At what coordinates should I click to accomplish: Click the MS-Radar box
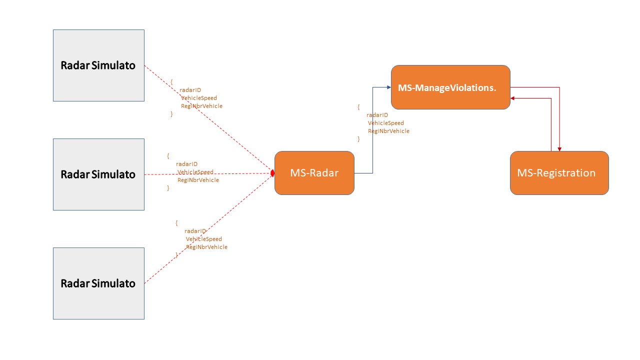coord(314,173)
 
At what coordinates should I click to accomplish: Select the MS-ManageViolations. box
coord(450,87)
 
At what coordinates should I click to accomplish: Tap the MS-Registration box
coord(559,173)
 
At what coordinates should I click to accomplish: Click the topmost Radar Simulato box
coord(98,65)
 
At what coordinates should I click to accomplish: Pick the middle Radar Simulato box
coord(98,174)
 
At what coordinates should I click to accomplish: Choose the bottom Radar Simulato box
coord(98,283)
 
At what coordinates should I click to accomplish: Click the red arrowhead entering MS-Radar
coord(272,173)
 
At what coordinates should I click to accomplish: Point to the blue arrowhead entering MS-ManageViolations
coord(388,87)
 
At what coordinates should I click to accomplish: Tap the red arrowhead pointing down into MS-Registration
coord(559,149)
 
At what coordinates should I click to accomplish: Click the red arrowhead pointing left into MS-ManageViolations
coord(513,98)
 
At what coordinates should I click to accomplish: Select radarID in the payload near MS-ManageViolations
coord(377,115)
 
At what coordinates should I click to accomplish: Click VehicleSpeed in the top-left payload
coord(199,98)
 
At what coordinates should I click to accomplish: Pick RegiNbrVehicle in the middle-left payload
coord(198,180)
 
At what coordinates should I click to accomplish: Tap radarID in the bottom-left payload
coord(195,231)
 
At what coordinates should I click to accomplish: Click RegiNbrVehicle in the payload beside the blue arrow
coord(388,131)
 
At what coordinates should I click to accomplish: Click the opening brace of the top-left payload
coord(171,81)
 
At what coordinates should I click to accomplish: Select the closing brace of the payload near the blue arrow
coord(358,139)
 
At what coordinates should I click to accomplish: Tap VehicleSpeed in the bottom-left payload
coord(203,239)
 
